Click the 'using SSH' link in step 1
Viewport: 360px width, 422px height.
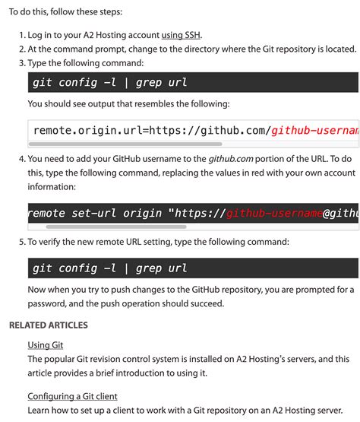tap(182, 35)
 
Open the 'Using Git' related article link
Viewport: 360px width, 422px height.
tap(45, 344)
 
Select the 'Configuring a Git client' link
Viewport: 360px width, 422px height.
tap(72, 396)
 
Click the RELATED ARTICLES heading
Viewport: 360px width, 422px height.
tap(49, 325)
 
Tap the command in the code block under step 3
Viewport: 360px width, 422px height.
tap(109, 82)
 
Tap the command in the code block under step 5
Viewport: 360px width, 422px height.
tap(109, 268)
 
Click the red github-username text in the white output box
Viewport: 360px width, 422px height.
tap(314, 131)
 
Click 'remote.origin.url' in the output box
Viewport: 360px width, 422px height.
tap(84, 131)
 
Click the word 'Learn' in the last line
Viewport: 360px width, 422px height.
tap(40, 410)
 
